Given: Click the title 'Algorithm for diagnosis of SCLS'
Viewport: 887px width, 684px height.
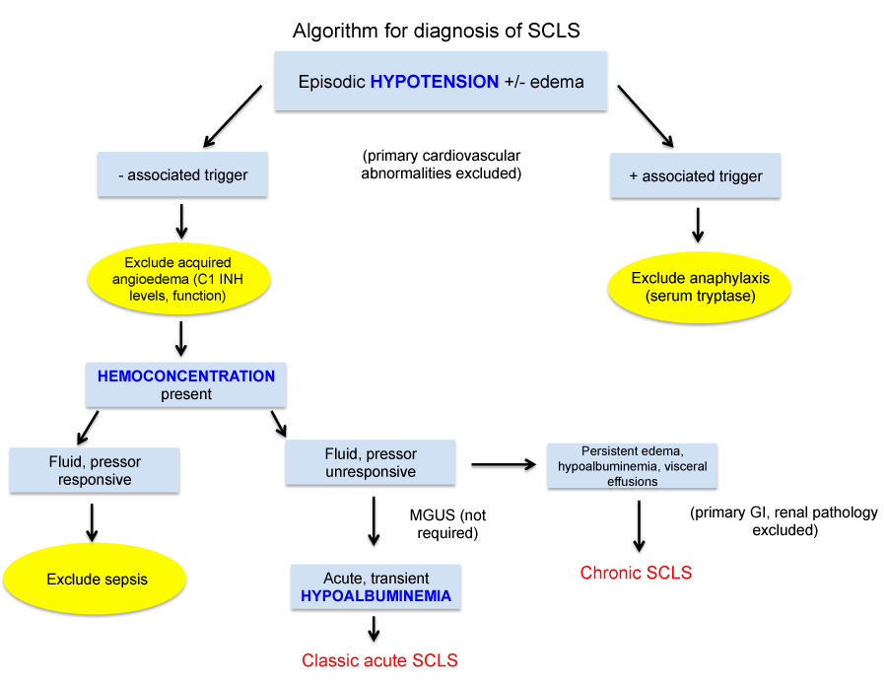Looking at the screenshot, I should (x=436, y=31).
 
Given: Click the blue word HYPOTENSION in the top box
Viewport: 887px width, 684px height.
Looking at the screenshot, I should (x=435, y=82).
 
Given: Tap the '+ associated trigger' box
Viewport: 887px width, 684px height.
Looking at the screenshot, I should (x=695, y=175).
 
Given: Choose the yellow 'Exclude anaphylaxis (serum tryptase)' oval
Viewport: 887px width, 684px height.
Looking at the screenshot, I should (x=700, y=286).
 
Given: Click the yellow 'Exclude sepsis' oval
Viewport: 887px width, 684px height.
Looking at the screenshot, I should (x=96, y=579).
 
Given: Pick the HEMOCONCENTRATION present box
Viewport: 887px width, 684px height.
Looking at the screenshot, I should (x=186, y=385).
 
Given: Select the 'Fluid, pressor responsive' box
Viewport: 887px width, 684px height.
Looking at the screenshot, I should (x=95, y=470).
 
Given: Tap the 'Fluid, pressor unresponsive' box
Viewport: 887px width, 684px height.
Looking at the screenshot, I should (x=371, y=463).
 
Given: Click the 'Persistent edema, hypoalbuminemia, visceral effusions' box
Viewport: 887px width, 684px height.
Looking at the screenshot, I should (x=632, y=466).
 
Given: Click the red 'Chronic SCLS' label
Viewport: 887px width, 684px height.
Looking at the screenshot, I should (x=636, y=573).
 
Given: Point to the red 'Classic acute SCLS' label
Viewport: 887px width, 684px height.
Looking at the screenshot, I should (x=379, y=660).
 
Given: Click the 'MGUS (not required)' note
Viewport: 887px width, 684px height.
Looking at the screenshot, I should (x=447, y=524).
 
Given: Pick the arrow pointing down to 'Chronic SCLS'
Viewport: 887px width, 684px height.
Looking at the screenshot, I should (x=639, y=525).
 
